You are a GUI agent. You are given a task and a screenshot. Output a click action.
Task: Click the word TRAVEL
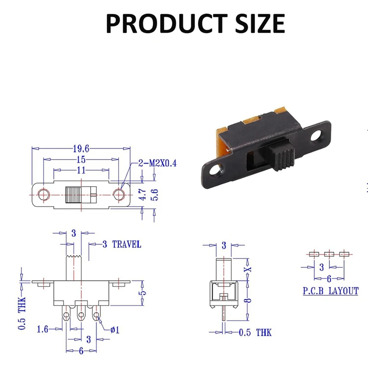pyautogui.click(x=126, y=244)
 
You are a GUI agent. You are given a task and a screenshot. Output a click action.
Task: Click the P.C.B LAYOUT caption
pyautogui.click(x=330, y=291)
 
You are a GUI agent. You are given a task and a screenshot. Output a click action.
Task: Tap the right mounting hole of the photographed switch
pyautogui.click(x=317, y=136)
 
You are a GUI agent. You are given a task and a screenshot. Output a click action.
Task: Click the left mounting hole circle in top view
pyautogui.click(x=43, y=195)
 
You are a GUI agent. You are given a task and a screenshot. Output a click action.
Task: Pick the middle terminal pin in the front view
pyautogui.click(x=81, y=315)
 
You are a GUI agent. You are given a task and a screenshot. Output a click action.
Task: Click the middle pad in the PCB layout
pyautogui.click(x=329, y=253)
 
